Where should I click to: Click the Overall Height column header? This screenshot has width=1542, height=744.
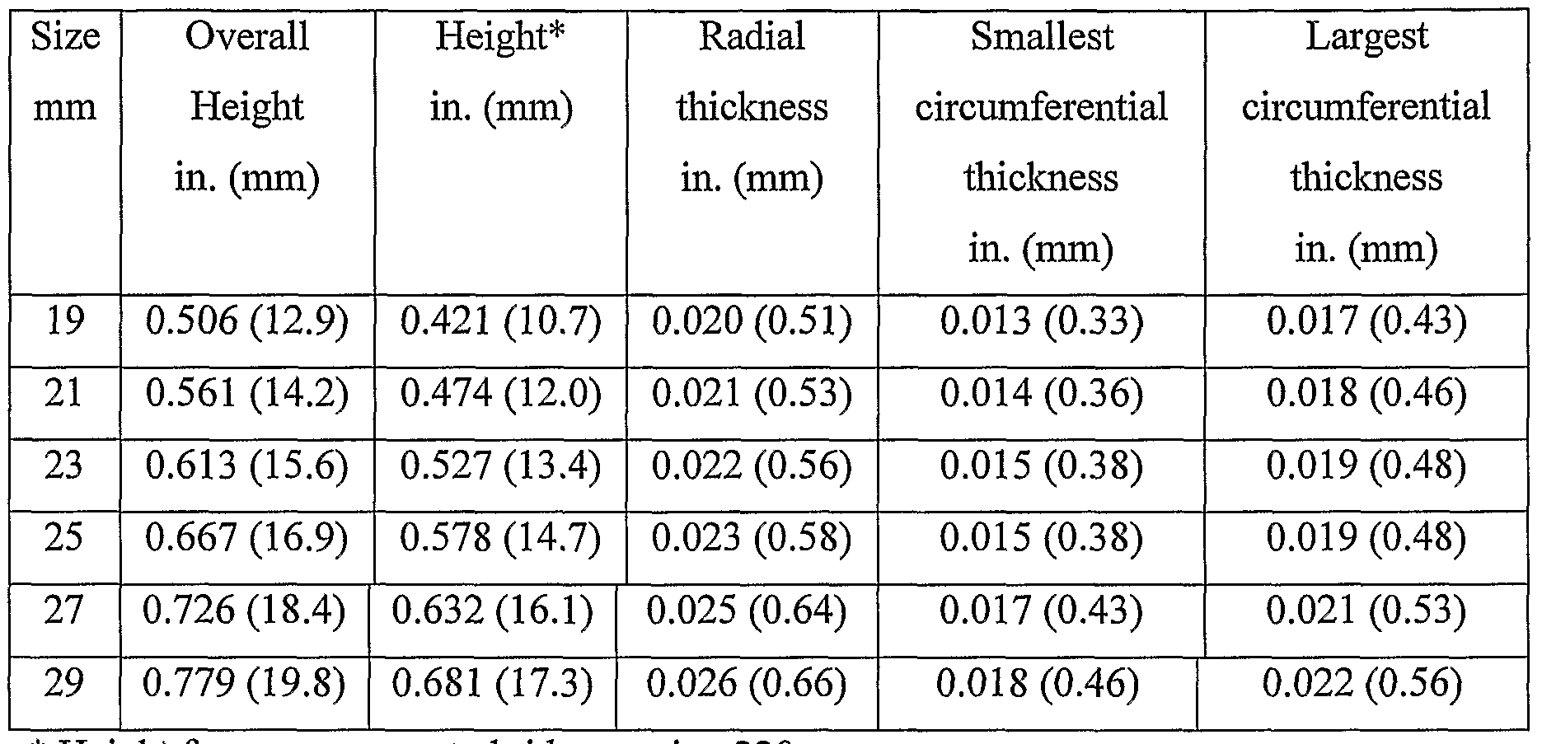pos(247,107)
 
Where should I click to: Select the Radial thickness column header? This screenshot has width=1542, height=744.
pos(752,107)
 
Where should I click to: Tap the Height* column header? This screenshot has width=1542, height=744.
pos(501,72)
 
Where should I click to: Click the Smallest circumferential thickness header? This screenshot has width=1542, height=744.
pos(1041,142)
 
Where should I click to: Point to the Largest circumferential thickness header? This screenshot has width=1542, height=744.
pos(1366,142)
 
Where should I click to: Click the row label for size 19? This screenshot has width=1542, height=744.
pos(64,321)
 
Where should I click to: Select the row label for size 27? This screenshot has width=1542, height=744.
pos(64,611)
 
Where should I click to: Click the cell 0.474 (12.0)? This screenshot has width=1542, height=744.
pos(501,394)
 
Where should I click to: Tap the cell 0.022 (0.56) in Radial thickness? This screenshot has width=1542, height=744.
pos(752,466)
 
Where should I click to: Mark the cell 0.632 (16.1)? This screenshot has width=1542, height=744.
pos(493,611)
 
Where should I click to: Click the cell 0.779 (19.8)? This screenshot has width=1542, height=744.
pos(244,684)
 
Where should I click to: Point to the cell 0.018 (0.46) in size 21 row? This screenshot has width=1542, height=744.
pos(1366,394)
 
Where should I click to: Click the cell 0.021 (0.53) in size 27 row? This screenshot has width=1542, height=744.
pos(1366,611)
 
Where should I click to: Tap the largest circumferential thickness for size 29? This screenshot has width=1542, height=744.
pos(1362,684)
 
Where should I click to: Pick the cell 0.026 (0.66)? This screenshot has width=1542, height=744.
pos(746,684)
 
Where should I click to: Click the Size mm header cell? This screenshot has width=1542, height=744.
pos(64,72)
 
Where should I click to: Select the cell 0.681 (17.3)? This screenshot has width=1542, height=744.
pos(493,684)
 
